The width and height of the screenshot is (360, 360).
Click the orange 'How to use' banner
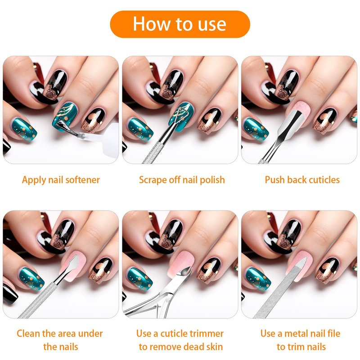coord(180,24)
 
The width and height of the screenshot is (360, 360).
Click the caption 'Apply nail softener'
coord(61,180)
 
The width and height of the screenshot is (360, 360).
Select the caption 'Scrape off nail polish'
coord(182,180)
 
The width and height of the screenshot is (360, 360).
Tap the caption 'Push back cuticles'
coord(302,180)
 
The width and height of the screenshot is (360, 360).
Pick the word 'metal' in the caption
coord(295,333)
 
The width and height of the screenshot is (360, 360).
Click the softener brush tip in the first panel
coord(63,126)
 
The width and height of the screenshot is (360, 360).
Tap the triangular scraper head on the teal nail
coord(181,115)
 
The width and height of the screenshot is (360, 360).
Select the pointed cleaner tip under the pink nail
coord(73,264)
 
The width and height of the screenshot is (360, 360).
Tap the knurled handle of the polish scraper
coord(152,153)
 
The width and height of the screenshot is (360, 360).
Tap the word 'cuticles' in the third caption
coord(324,180)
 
